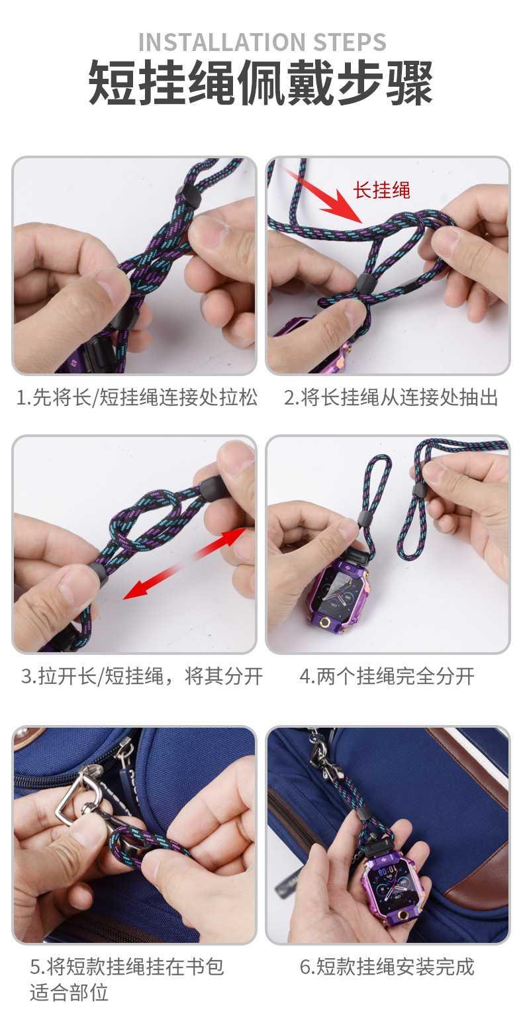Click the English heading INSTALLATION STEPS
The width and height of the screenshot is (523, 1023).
261,42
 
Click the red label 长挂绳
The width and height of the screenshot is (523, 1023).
382,191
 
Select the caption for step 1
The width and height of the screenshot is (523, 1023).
137,398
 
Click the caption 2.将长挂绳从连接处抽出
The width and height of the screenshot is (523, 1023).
391,398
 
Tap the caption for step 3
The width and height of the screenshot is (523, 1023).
142,676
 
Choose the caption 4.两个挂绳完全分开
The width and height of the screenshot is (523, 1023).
387,676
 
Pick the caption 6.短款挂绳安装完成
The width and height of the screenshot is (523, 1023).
387,967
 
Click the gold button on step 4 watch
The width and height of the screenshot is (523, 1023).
326,624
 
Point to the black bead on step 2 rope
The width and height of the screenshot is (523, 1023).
363,283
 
